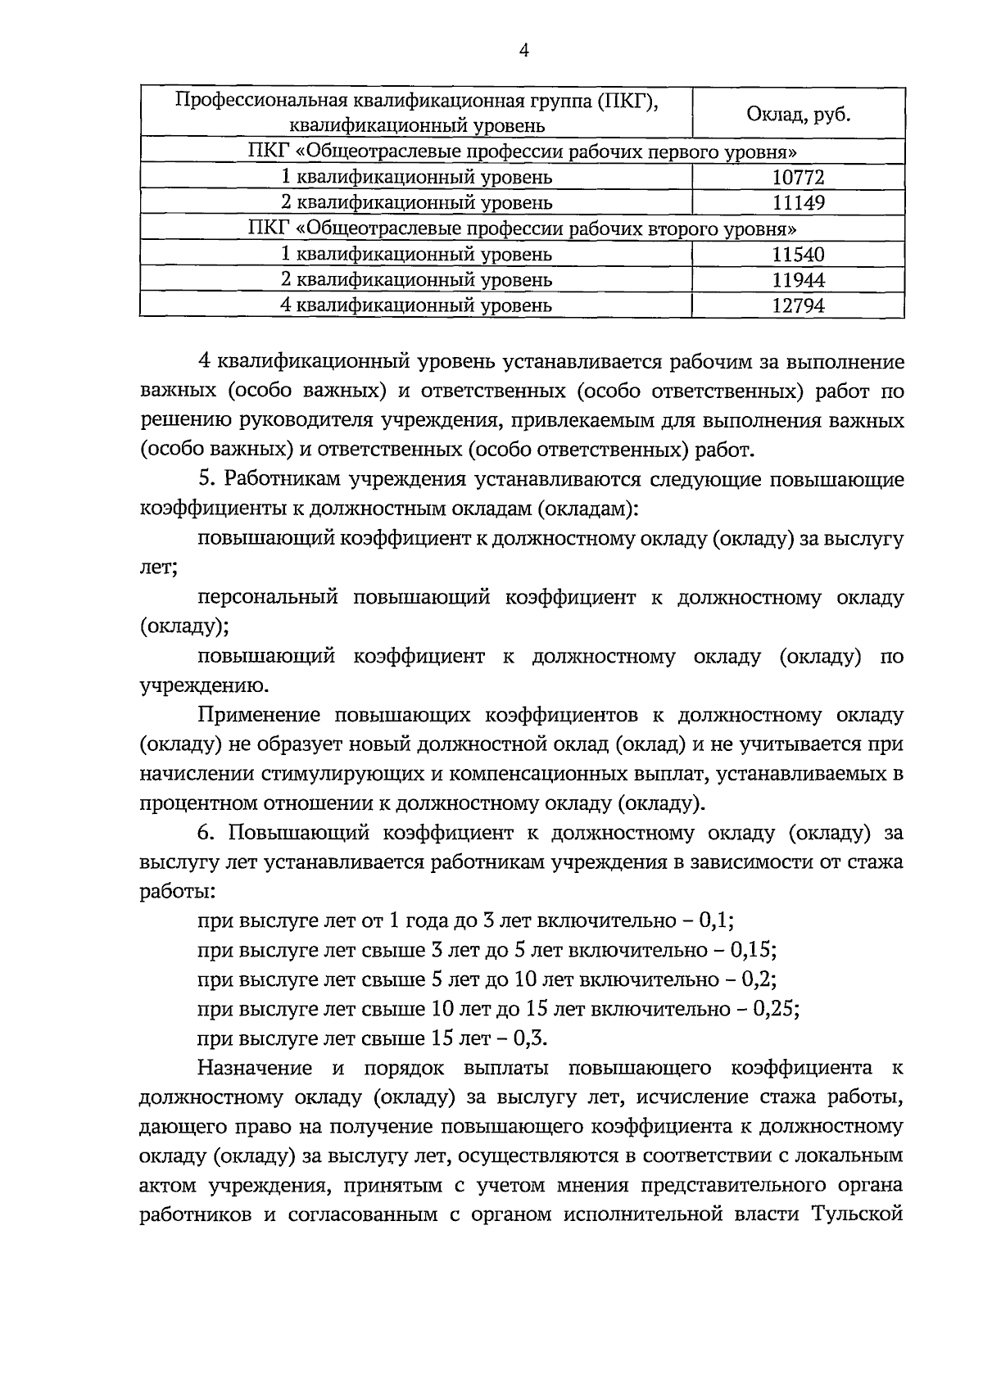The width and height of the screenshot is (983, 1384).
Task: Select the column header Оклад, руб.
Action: point(798,115)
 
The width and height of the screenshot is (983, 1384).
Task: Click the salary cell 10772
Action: point(798,177)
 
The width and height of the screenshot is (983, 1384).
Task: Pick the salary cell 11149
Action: point(798,202)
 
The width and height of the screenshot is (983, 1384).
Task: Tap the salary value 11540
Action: point(798,254)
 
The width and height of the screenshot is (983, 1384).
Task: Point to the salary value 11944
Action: point(798,280)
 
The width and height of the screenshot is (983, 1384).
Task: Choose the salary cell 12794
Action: point(798,305)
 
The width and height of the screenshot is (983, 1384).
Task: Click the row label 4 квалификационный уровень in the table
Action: point(416,305)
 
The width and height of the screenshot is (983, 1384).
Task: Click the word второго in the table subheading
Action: point(684,228)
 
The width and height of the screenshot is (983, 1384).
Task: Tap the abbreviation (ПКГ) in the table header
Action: point(629,102)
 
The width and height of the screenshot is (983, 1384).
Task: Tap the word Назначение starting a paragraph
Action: point(256,1068)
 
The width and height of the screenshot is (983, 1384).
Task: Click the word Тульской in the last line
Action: point(858,1214)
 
